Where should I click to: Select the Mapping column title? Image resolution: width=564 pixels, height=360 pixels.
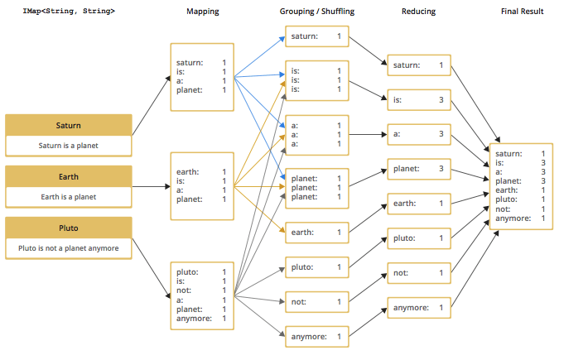click(x=202, y=12)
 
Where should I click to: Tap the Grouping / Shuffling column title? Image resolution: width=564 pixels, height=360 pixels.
click(x=317, y=12)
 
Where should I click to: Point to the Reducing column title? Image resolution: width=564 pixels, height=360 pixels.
click(x=418, y=12)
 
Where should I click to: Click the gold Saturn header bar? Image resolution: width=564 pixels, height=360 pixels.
click(x=69, y=125)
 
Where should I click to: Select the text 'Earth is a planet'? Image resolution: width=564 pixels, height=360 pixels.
click(x=69, y=197)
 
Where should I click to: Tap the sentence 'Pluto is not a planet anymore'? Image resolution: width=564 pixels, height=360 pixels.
click(x=69, y=248)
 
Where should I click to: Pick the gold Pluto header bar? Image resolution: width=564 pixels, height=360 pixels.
click(x=69, y=227)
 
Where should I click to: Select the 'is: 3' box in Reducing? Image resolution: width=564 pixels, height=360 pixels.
click(x=418, y=100)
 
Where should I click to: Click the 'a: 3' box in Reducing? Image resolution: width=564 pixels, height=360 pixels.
click(x=418, y=133)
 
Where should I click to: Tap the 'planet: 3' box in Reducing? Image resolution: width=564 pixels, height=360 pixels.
click(x=418, y=169)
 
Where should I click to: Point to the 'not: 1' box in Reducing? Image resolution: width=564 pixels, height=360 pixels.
click(x=418, y=272)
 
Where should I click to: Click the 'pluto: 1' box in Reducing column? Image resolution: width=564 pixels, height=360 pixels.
click(x=418, y=238)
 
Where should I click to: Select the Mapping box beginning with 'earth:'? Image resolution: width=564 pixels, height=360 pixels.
click(x=202, y=186)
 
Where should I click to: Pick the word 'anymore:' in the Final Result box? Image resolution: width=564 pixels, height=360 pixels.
click(x=511, y=218)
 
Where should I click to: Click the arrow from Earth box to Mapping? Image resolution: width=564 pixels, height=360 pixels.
click(x=151, y=187)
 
